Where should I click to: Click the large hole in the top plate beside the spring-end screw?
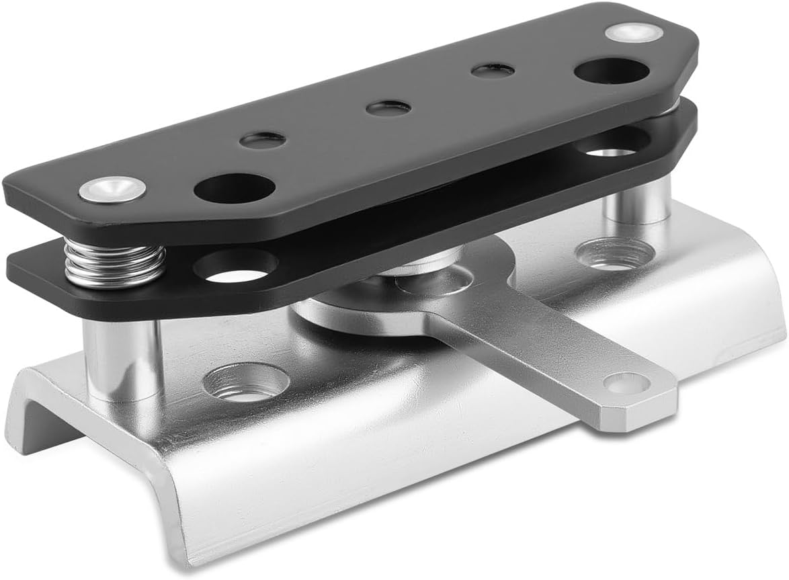(x=235, y=188)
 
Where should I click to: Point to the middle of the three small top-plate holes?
(x=389, y=108)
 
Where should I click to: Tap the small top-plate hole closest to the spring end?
(x=263, y=140)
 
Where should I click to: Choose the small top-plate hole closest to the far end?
(x=493, y=70)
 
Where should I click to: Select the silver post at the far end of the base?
(x=636, y=202)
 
